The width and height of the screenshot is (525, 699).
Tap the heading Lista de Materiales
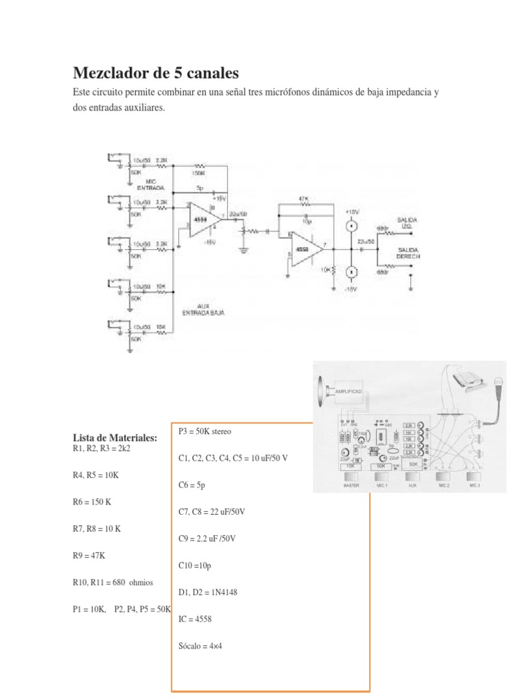(115, 438)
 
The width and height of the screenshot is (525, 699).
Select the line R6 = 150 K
(92, 500)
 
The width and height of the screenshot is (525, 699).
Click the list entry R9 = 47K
(89, 556)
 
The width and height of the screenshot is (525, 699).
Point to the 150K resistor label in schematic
(198, 173)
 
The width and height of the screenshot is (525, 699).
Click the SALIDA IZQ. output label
(407, 223)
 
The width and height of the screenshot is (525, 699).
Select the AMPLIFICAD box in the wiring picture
(349, 393)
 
